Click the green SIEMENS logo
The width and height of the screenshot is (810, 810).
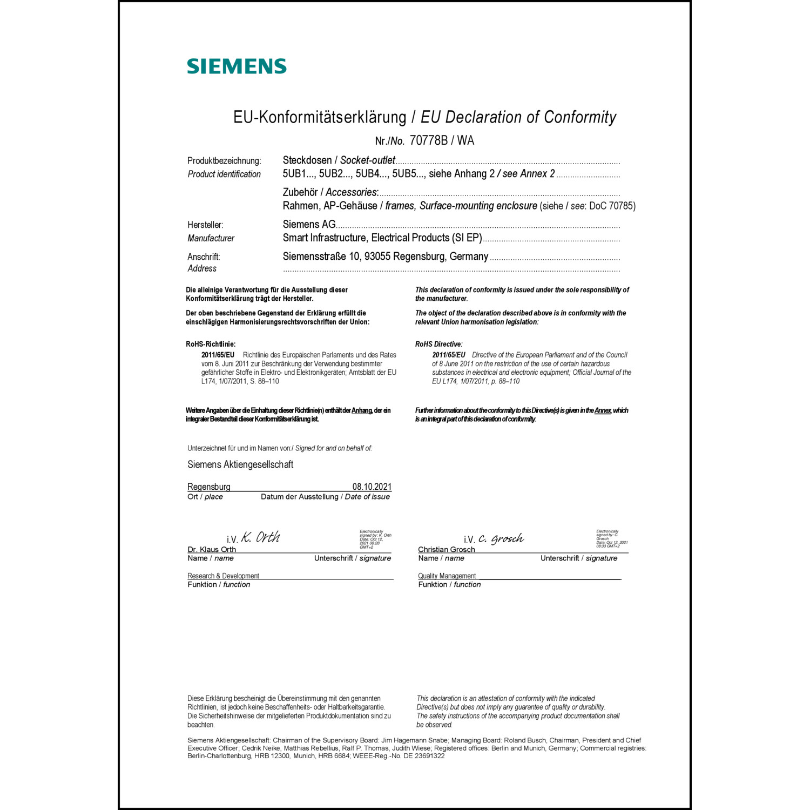(x=237, y=66)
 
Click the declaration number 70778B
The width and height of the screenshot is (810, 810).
(x=429, y=141)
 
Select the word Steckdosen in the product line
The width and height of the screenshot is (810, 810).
(x=307, y=160)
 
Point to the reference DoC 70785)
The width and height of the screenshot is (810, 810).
(x=612, y=206)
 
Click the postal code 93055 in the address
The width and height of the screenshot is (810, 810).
(x=377, y=256)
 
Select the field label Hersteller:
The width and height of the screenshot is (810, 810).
(x=205, y=225)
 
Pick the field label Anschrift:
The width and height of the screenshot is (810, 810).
(x=204, y=257)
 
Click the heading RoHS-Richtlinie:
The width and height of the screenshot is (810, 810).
(x=211, y=344)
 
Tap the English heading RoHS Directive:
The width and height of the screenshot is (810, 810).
(x=438, y=344)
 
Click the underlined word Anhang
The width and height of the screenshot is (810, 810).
(x=362, y=410)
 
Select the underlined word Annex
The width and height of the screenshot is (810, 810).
(x=603, y=410)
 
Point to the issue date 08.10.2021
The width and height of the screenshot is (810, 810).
(x=372, y=487)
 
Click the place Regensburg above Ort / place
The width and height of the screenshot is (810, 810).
(x=209, y=487)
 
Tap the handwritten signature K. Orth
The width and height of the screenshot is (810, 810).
(x=260, y=537)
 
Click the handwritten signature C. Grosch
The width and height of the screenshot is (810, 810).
(x=501, y=538)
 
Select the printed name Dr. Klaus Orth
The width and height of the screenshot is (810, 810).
(x=212, y=550)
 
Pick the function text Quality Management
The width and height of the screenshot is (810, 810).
(x=447, y=576)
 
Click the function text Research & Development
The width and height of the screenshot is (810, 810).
(x=223, y=576)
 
